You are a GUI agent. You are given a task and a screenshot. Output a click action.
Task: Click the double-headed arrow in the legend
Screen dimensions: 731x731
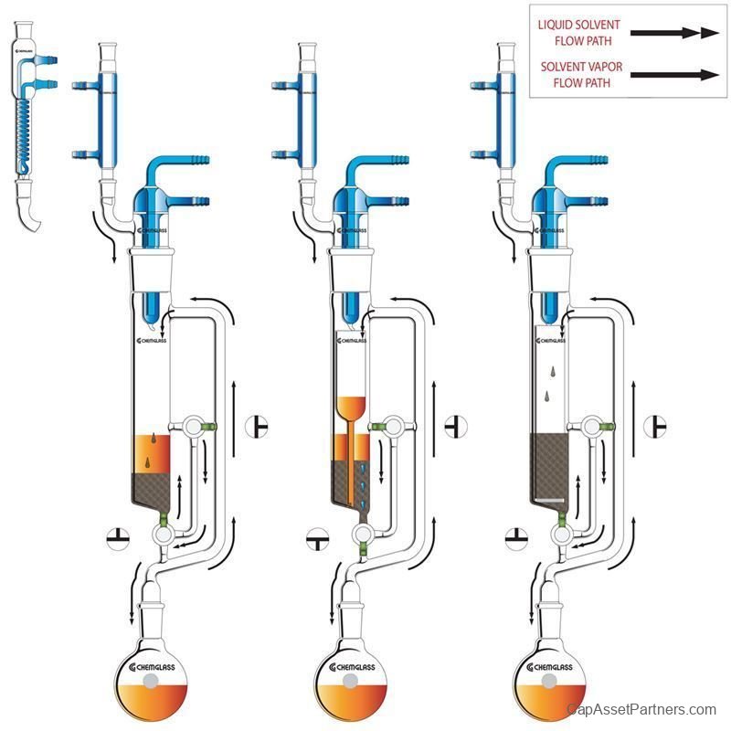tap(675, 33)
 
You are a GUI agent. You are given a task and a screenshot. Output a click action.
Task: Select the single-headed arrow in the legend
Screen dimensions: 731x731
tap(675, 74)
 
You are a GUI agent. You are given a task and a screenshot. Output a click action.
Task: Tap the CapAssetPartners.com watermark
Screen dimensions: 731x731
tap(641, 710)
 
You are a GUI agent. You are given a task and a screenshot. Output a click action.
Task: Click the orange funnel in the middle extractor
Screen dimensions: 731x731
tap(353, 407)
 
